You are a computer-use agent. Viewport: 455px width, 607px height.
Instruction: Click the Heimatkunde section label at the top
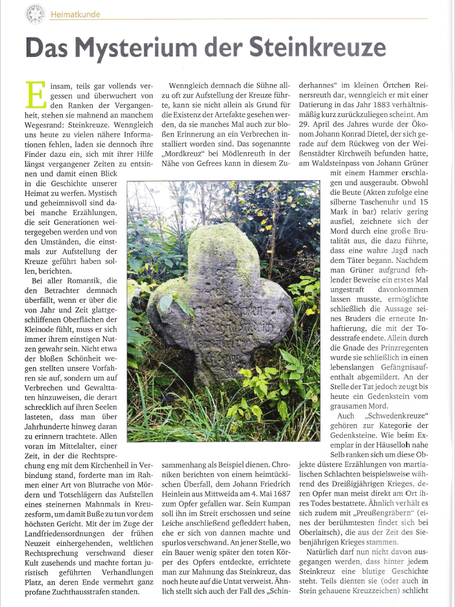tap(75, 14)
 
